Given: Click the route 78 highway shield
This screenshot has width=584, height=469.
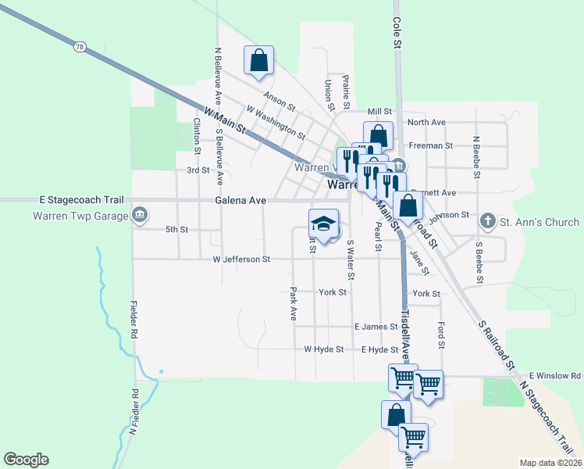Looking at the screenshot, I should (80, 48).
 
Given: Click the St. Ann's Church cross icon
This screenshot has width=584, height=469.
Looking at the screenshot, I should (488, 221).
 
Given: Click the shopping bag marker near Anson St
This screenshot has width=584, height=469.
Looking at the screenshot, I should (259, 61).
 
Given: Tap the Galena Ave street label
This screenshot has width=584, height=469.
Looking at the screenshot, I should (240, 201).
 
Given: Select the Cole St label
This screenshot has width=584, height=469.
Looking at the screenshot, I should (397, 34).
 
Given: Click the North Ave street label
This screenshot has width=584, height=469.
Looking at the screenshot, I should (426, 123).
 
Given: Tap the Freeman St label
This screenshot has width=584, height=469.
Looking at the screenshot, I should (431, 146).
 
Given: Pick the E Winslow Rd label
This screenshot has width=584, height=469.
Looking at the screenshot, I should (556, 376).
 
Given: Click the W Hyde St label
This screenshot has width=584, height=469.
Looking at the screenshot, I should (324, 349).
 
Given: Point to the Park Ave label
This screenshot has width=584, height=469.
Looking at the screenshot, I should (294, 304).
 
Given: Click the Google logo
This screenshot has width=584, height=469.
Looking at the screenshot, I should (26, 460).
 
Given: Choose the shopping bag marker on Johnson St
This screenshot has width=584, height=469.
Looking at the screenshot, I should (408, 207).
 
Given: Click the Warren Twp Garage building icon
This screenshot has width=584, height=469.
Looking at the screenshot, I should (140, 215).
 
